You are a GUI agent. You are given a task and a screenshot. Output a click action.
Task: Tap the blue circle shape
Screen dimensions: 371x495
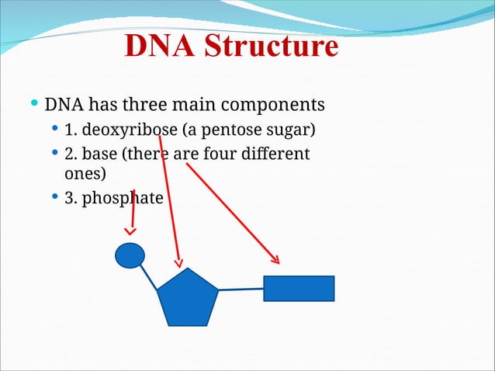pos(130,255)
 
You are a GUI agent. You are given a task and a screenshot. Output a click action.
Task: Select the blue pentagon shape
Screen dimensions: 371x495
pos(188,298)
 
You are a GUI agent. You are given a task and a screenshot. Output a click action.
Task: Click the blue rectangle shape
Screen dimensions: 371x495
pos(299,288)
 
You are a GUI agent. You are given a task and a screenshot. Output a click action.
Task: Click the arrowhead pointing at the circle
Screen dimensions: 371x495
pos(130,231)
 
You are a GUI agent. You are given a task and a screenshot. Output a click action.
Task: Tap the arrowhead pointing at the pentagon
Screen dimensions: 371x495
pos(180,262)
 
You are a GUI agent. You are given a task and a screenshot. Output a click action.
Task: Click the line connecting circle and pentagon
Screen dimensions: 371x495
pos(149,277)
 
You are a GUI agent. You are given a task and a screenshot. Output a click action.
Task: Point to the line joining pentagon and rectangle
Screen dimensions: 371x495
pos(241,289)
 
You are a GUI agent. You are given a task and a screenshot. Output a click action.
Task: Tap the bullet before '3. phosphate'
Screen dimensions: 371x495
pos(54,197)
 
